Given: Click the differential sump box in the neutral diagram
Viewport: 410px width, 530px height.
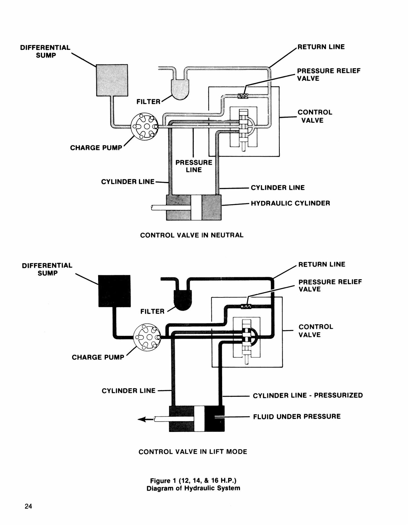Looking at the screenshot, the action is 112,80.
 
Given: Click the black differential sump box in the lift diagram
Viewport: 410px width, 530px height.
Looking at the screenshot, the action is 114,291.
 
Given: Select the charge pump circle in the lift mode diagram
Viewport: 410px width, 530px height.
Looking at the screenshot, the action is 147,337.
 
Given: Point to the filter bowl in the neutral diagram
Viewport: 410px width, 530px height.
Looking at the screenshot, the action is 180,89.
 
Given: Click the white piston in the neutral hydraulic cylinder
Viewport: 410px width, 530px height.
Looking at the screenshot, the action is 196,207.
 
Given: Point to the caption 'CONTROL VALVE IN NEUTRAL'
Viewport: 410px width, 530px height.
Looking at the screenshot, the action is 192,235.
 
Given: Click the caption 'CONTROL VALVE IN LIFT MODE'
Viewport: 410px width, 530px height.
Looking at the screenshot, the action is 193,452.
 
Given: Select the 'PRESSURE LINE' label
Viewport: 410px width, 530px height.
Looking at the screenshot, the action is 194,166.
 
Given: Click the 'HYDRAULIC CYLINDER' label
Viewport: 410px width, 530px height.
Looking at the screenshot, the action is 291,203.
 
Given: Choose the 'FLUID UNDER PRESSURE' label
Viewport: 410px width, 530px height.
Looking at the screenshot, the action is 297,416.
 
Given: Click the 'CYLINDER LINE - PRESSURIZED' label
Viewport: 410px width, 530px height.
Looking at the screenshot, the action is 308,395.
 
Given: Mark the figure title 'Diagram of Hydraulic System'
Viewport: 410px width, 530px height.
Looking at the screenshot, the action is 193,488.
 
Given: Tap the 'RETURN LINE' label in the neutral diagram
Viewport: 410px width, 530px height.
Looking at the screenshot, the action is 321,47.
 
